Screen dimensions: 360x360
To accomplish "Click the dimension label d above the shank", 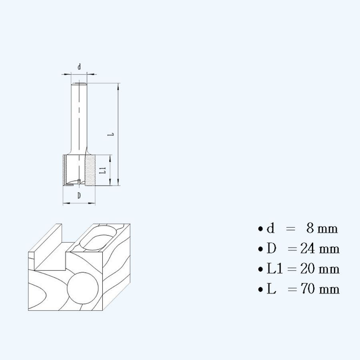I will (x=79, y=67).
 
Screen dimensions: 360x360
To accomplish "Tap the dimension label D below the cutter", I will (x=79, y=196).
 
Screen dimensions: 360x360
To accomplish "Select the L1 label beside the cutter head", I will (x=102, y=170).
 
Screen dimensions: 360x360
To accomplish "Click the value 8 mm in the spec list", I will (x=322, y=229).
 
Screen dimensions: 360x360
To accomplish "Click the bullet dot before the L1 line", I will (x=260, y=269).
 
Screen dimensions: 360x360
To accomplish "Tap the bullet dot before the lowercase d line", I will (x=260, y=229).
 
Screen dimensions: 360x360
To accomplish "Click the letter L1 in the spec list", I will (x=275, y=269).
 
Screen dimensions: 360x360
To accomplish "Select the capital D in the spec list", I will (x=272, y=249).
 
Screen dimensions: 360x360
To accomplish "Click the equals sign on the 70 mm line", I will (x=292, y=289).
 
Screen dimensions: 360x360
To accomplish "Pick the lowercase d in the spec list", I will (x=271, y=229).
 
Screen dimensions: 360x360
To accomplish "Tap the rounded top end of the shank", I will (x=79, y=84).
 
